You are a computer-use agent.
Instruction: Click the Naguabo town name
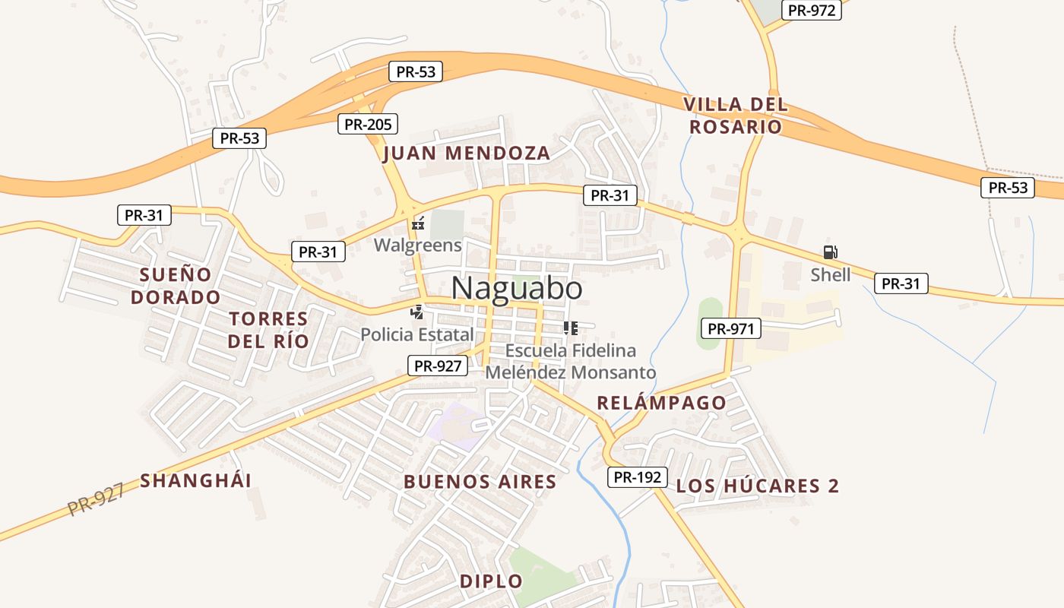pos(517,289)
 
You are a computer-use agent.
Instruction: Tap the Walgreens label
pos(417,245)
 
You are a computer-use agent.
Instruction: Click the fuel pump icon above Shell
pos(830,252)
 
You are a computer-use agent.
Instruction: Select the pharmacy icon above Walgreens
pos(417,224)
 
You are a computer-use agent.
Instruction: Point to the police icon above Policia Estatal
pos(416,312)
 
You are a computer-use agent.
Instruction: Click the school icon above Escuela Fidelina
pos(571,328)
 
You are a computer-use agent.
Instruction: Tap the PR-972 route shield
pos(812,11)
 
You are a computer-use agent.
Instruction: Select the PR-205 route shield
pos(368,124)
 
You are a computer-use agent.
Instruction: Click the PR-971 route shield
pos(730,328)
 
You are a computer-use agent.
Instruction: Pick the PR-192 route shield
pos(637,477)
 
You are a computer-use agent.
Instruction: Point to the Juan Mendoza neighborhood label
pos(467,154)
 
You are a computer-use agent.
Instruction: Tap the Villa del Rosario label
pos(736,116)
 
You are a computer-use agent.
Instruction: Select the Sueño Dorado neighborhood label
pos(176,285)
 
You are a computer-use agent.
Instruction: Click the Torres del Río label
pos(268,329)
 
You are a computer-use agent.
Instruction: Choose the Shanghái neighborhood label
pos(195,480)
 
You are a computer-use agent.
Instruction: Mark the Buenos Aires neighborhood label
pos(480,482)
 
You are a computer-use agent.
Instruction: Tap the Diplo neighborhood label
pos(491,581)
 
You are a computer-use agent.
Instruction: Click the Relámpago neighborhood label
pos(661,403)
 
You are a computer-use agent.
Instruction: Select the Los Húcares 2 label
pos(758,486)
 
